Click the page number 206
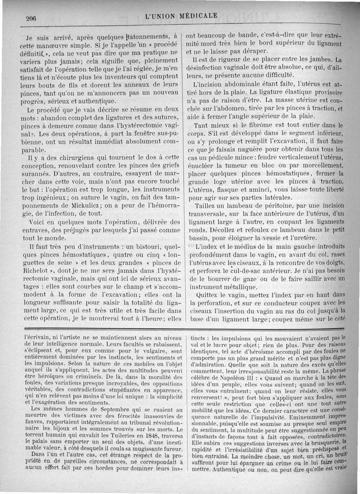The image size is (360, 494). coord(31,18)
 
